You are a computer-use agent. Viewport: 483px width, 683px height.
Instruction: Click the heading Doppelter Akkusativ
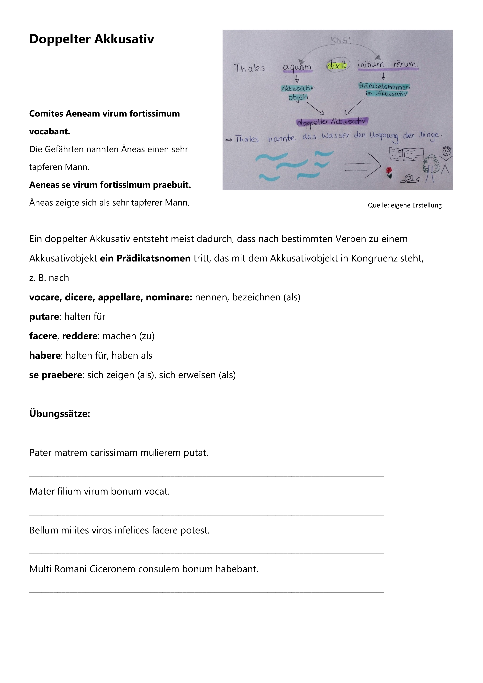(x=92, y=39)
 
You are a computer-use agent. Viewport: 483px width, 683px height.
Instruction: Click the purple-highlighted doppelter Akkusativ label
(x=332, y=122)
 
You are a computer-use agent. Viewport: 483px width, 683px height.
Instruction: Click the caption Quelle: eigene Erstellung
(x=405, y=205)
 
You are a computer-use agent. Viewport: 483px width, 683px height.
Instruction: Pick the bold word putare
(x=44, y=317)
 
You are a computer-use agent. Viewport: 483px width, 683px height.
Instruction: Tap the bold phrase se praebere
(x=56, y=375)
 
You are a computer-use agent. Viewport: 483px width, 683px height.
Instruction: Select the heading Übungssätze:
(x=60, y=414)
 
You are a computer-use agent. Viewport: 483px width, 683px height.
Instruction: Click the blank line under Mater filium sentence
(x=207, y=514)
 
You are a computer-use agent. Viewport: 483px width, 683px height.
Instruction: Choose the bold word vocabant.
(x=50, y=131)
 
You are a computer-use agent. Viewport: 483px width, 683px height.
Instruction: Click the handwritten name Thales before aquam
(x=249, y=68)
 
